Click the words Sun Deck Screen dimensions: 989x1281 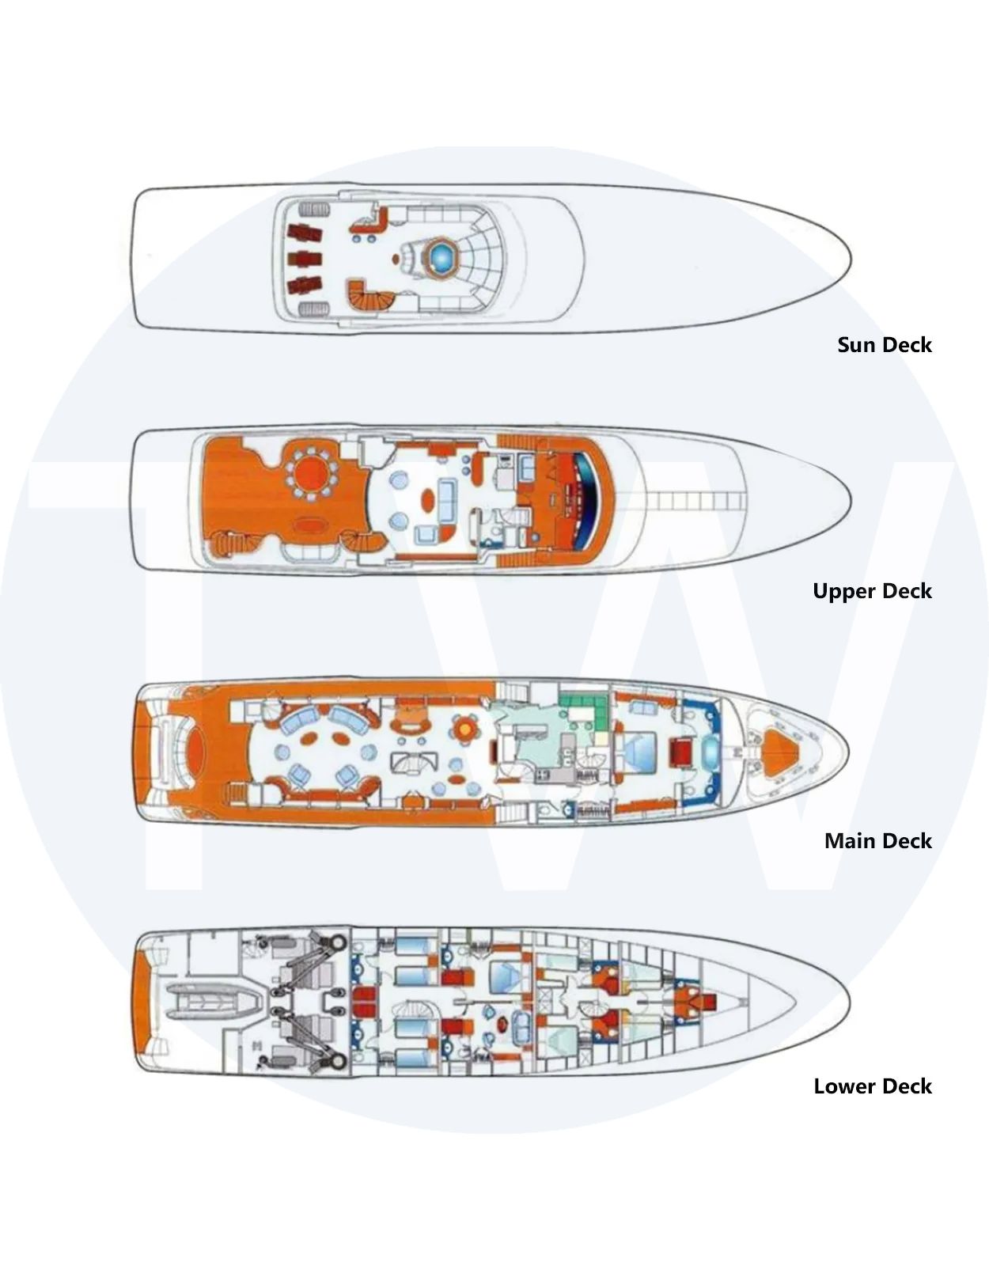(884, 345)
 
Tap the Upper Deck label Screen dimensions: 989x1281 (872, 591)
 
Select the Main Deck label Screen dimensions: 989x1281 (877, 840)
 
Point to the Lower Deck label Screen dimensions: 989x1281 (873, 1086)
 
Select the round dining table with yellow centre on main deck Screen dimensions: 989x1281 (465, 729)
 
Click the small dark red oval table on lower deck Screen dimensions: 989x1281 (502, 1021)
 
